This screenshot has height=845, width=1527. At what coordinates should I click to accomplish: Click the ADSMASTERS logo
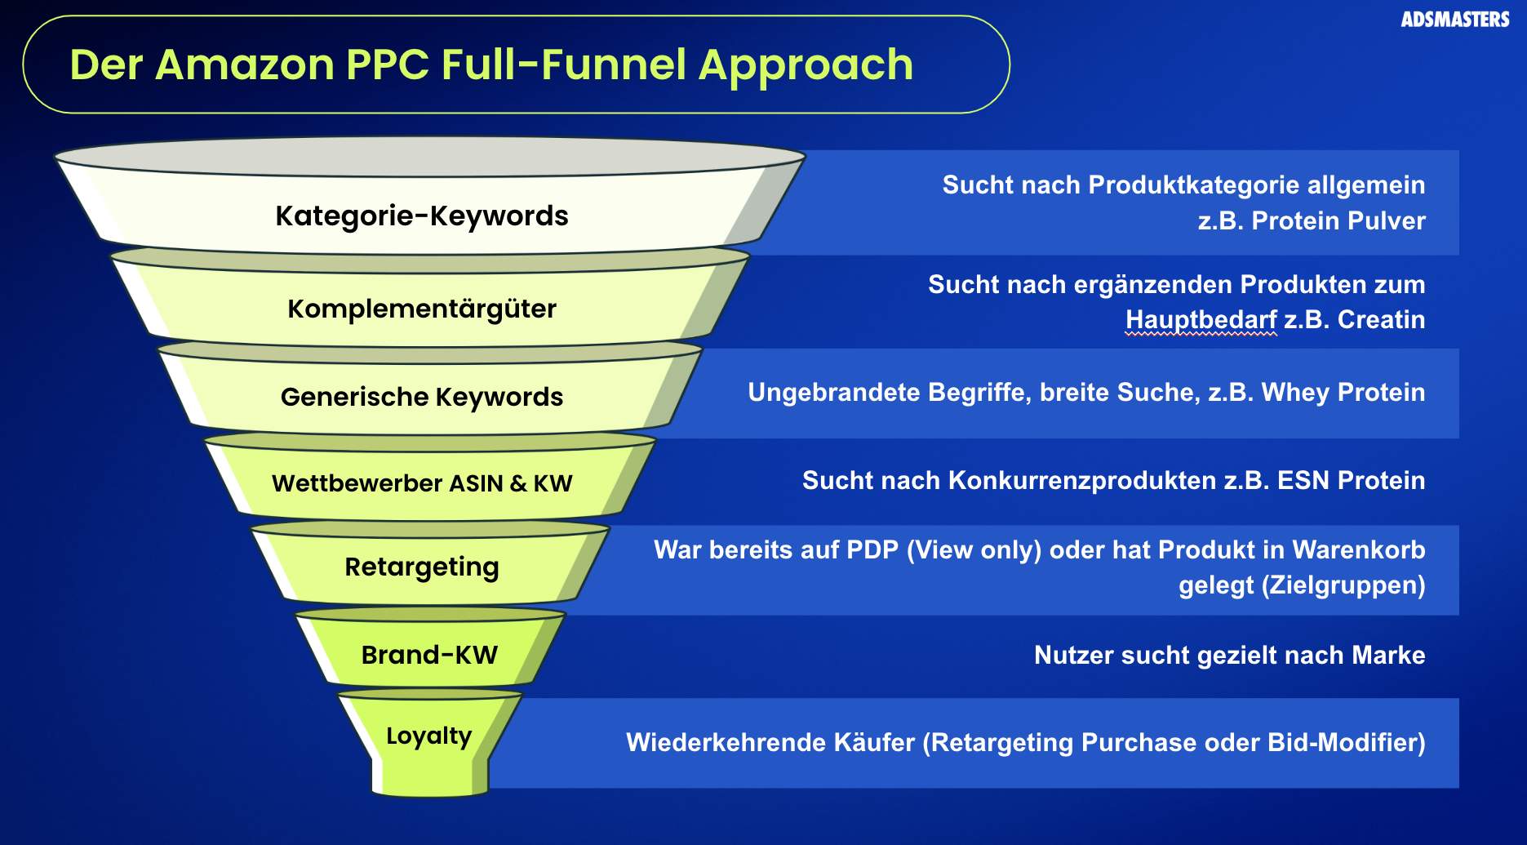pyautogui.click(x=1454, y=19)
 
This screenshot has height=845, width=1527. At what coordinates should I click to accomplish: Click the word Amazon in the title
pyautogui.click(x=244, y=64)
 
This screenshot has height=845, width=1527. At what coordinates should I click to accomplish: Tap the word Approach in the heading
pyautogui.click(x=806, y=64)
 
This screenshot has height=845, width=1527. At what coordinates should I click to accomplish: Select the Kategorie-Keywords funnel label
pyautogui.click(x=421, y=216)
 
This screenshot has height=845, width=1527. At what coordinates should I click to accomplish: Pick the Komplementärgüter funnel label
pyautogui.click(x=421, y=309)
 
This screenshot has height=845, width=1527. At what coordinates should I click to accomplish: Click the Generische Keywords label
pyautogui.click(x=421, y=397)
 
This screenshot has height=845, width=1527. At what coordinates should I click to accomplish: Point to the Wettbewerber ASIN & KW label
pyautogui.click(x=421, y=483)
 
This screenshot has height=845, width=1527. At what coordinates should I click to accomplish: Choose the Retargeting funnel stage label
pyautogui.click(x=421, y=567)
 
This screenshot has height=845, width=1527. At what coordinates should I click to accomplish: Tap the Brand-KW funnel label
pyautogui.click(x=429, y=655)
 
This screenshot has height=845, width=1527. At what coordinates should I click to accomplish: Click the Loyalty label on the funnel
pyautogui.click(x=428, y=736)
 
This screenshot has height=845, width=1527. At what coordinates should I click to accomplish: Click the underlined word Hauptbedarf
pyautogui.click(x=1201, y=319)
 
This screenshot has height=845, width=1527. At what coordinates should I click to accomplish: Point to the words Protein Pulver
pyautogui.click(x=1338, y=220)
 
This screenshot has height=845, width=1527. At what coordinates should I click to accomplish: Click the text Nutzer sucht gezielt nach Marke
pyautogui.click(x=1229, y=655)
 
